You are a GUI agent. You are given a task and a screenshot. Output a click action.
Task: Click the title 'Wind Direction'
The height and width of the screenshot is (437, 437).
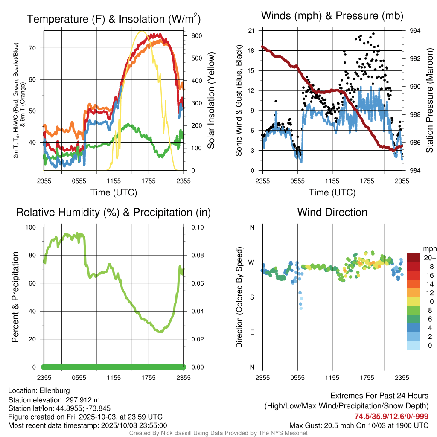point(332,212)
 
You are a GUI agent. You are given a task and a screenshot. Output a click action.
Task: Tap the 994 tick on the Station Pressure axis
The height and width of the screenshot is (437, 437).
point(415,31)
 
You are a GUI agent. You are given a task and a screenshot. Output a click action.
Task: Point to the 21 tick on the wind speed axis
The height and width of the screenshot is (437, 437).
point(251,31)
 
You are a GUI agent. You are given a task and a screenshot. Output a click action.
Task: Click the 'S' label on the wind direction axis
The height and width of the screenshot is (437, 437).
point(252,297)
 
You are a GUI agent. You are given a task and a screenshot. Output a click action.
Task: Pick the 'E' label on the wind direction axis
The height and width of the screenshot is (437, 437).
point(252,332)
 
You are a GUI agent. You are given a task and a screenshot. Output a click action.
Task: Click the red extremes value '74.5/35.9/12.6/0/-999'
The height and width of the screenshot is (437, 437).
point(391,416)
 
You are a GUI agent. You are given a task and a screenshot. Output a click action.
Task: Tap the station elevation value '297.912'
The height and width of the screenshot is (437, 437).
point(79,400)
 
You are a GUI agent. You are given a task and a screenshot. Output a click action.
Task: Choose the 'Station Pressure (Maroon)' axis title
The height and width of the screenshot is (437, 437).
point(430,100)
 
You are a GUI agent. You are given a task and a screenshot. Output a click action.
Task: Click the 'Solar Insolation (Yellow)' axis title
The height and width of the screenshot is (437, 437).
point(211,100)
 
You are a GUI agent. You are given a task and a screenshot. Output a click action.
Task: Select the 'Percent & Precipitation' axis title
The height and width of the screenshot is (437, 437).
point(15,297)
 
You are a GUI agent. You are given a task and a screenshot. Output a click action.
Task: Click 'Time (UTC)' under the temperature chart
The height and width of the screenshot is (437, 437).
point(114,192)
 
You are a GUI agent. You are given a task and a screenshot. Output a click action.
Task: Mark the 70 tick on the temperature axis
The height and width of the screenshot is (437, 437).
point(35,48)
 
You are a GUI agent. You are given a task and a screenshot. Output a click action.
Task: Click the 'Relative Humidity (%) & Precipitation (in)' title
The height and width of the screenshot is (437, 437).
point(114,212)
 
